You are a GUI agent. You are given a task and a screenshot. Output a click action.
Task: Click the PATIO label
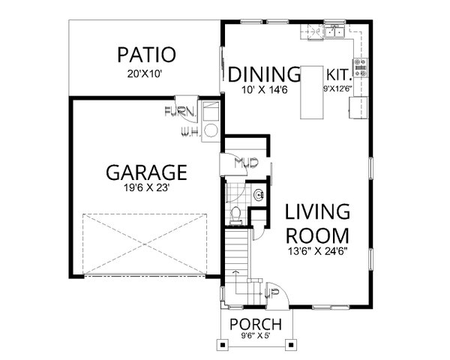tap(146, 55)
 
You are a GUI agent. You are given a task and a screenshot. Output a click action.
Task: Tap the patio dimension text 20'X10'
tap(146, 73)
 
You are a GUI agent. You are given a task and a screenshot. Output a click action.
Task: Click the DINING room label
tap(264, 74)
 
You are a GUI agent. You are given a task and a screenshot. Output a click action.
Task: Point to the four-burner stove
tap(361, 68)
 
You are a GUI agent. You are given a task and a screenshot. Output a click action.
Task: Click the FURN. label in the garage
tap(180, 113)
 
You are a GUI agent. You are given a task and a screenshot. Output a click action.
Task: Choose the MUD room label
tap(244, 162)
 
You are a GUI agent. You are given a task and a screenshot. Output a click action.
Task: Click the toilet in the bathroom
tap(235, 214)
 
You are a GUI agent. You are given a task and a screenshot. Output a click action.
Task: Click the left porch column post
tap(223, 345)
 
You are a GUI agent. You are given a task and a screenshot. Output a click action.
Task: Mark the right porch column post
tap(289, 345)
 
